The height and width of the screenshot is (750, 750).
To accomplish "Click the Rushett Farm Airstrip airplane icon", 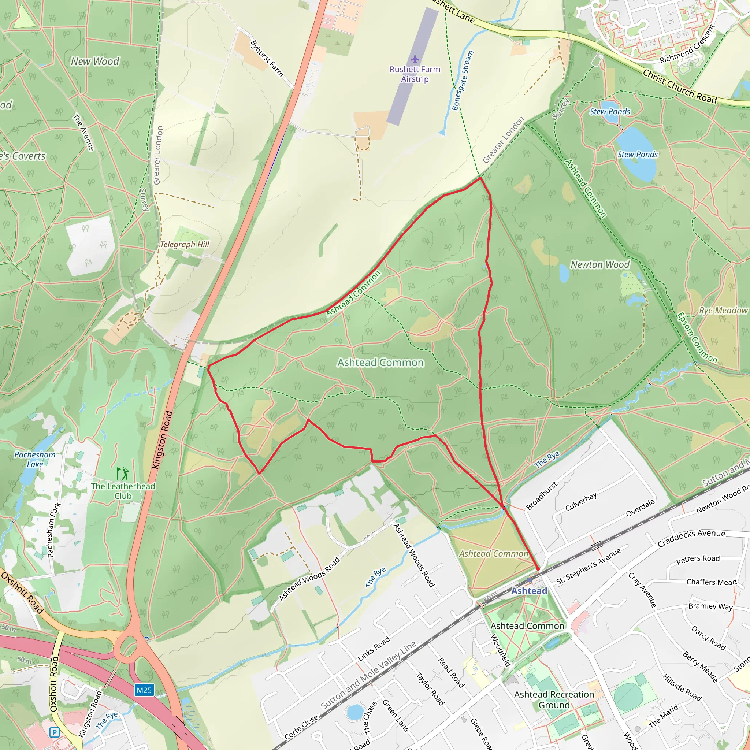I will [415, 59].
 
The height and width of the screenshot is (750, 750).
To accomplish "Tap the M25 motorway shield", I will [144, 690].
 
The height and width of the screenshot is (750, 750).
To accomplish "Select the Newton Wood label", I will [600, 265].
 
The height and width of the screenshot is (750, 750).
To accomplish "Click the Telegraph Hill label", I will [185, 245].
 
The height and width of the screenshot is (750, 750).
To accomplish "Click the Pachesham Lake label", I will [35, 459].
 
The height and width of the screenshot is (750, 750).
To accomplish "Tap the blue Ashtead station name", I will [529, 591].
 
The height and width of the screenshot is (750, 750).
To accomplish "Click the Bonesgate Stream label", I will [463, 80].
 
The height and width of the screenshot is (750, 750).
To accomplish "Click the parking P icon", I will [54, 732].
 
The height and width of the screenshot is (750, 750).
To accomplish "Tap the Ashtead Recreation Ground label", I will [554, 699].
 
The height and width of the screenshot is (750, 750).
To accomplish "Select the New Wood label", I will [95, 61].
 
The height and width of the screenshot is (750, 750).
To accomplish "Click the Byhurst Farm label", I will [267, 59].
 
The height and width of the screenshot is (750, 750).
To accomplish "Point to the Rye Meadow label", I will [723, 311].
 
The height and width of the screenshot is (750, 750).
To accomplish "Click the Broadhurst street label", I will [542, 496].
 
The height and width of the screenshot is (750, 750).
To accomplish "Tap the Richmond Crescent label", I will [687, 44].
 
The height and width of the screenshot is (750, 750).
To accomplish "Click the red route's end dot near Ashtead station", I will [538, 569].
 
